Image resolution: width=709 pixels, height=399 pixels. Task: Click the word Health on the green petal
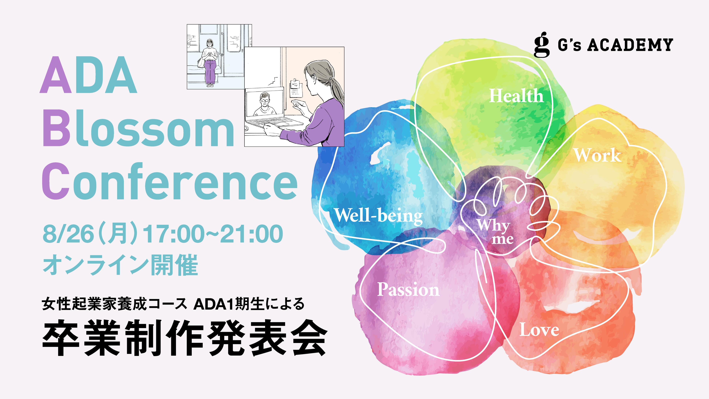click(516, 96)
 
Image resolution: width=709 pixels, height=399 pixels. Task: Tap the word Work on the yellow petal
click(598, 155)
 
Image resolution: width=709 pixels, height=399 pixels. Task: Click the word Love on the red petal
click(539, 330)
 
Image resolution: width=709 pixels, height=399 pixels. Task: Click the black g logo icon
click(541, 45)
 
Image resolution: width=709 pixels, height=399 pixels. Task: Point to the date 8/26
click(68, 234)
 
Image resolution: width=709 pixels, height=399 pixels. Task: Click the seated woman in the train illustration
click(210, 63)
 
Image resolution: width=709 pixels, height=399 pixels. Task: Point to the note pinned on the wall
click(296, 87)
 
